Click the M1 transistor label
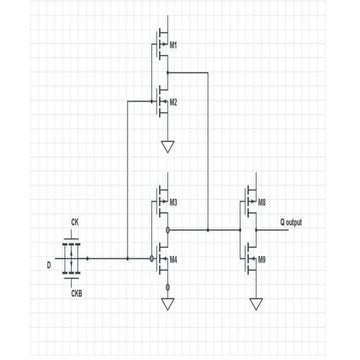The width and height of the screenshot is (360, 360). (x=174, y=46)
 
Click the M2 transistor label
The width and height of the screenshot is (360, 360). (x=174, y=102)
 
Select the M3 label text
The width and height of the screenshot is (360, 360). (x=174, y=202)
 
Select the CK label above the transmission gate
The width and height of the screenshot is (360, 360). (x=74, y=221)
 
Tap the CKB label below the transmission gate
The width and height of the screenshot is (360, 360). (x=75, y=295)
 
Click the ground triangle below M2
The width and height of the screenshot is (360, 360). (x=167, y=148)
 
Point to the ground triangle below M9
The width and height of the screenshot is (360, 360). (x=255, y=302)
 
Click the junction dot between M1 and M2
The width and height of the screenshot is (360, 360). (x=167, y=73)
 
